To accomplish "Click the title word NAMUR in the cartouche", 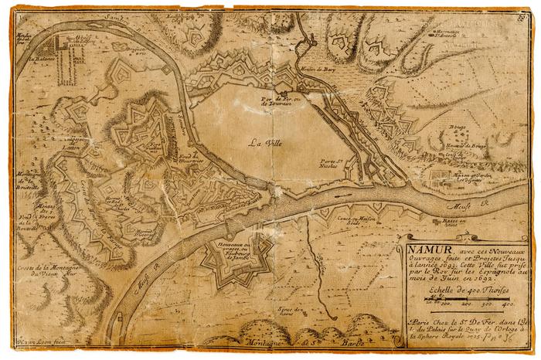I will coord(424,250).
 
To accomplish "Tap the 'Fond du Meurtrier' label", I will coord(192,158).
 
